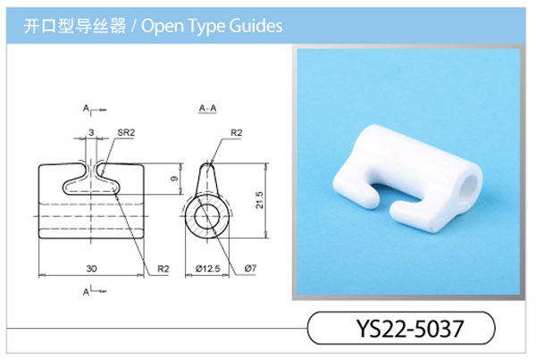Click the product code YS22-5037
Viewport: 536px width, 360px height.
(410, 328)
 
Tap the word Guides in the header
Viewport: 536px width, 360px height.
(255, 26)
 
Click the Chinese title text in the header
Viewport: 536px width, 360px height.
(74, 26)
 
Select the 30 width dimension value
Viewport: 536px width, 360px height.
(91, 269)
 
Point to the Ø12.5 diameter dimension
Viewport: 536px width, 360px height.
(207, 269)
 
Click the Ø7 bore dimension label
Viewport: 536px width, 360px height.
(250, 268)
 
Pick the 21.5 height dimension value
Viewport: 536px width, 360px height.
(259, 200)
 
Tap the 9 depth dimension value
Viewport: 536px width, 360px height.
(174, 178)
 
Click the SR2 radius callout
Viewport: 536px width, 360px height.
(126, 132)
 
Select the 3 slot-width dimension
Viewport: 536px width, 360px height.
(91, 132)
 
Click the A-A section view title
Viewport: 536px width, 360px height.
(207, 108)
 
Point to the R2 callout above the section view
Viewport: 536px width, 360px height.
(236, 132)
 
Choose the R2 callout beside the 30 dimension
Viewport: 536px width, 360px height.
(163, 269)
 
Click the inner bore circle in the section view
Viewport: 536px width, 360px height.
(195, 216)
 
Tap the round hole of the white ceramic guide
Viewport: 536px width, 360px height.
(471, 188)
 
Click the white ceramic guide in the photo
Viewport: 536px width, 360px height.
(406, 179)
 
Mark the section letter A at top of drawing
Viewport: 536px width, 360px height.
(86, 108)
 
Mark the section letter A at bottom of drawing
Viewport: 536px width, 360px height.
(86, 291)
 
